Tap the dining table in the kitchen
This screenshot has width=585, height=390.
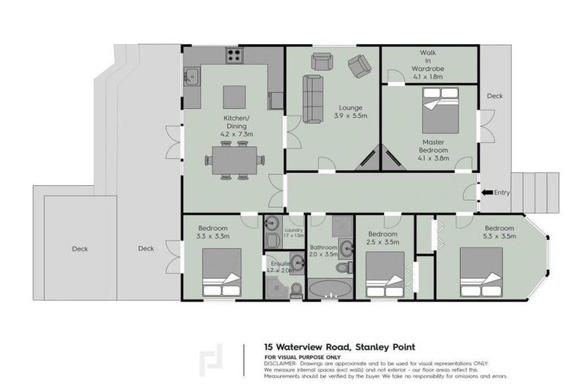(233, 160)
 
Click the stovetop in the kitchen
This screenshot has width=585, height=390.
(235, 56)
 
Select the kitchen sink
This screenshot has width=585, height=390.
(191, 76)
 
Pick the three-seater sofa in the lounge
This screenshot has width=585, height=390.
(312, 98)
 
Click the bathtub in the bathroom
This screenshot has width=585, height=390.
(328, 289)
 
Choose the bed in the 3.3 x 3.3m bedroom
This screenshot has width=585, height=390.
(222, 273)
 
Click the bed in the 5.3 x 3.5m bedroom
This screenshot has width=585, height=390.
(481, 273)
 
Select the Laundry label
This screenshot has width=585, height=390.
(293, 232)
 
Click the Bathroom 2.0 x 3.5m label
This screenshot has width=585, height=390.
(323, 251)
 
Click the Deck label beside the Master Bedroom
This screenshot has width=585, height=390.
(495, 96)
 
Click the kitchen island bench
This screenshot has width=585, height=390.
(234, 97)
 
